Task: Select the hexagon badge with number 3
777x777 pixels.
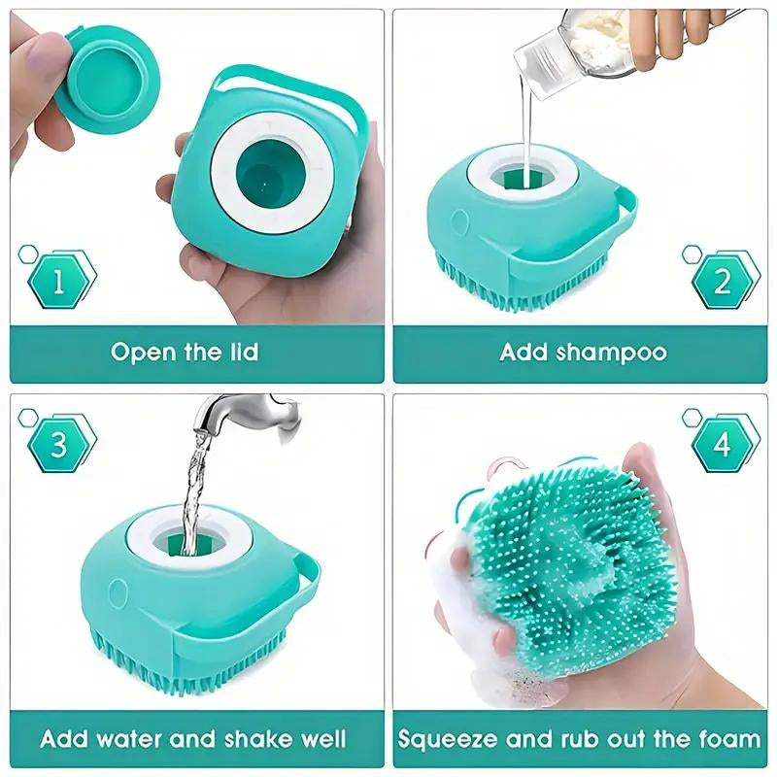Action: pos(58,446)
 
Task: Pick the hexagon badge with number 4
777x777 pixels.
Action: pos(723,446)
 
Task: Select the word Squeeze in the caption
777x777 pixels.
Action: pos(451,739)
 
